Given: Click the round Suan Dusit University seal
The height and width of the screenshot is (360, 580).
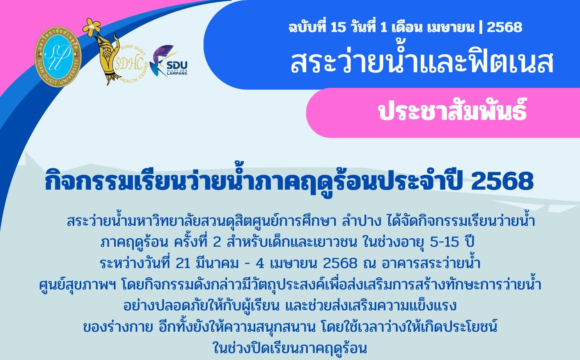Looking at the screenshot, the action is click(58, 57).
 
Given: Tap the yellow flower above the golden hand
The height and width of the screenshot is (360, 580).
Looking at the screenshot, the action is click(92, 27).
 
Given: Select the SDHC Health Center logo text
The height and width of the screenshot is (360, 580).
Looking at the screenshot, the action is click(129, 64).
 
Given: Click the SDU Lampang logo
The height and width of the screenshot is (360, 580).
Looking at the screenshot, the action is click(169, 62).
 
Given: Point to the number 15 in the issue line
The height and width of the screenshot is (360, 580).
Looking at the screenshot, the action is click(338, 28).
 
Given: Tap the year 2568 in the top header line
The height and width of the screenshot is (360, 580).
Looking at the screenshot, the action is click(504, 28).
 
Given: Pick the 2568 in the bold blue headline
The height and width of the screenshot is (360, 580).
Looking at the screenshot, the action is click(502, 181).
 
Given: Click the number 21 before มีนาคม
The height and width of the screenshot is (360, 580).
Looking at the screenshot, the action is click(183, 264).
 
